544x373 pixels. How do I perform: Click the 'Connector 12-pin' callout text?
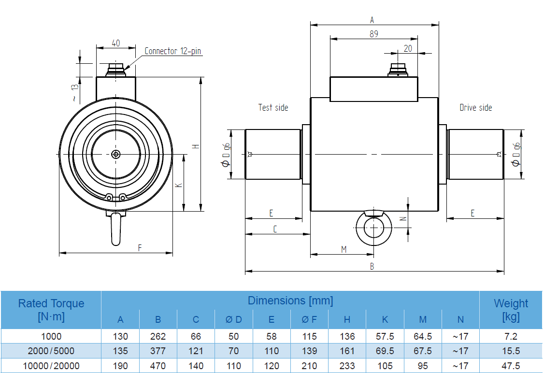(172, 51)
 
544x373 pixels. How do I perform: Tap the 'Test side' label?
(273, 107)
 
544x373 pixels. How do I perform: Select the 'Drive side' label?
(475, 107)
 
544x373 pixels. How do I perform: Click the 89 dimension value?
(373, 34)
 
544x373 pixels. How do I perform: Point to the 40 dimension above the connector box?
(116, 43)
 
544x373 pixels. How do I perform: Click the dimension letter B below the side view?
(372, 266)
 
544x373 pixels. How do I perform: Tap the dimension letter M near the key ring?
(344, 249)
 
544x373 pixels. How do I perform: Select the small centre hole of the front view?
(116, 154)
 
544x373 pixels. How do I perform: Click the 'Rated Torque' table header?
(51, 310)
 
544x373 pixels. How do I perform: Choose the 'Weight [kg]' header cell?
(511, 310)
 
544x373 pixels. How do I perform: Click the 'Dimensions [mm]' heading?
(290, 301)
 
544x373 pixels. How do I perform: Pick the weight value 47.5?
(511, 366)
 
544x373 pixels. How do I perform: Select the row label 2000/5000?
(51, 351)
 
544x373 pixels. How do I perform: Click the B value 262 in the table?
(158, 336)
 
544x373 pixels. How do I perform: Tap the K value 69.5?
(385, 351)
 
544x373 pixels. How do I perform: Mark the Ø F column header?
(309, 319)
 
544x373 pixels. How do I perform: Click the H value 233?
(347, 366)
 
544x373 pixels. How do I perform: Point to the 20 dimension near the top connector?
(408, 48)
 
